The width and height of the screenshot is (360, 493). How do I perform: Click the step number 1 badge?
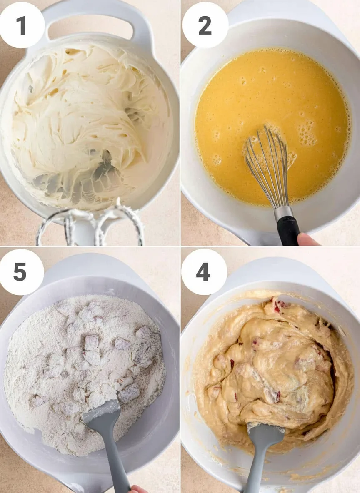[21, 25]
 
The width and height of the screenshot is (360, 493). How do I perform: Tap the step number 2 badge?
[205, 25]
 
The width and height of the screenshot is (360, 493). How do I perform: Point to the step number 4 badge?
[204, 272]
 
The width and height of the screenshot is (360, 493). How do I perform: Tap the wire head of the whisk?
[268, 166]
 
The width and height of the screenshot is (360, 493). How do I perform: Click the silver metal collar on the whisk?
[283, 212]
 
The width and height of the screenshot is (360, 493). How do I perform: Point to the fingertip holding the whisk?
[307, 239]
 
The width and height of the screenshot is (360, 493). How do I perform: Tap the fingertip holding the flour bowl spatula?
[138, 489]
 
